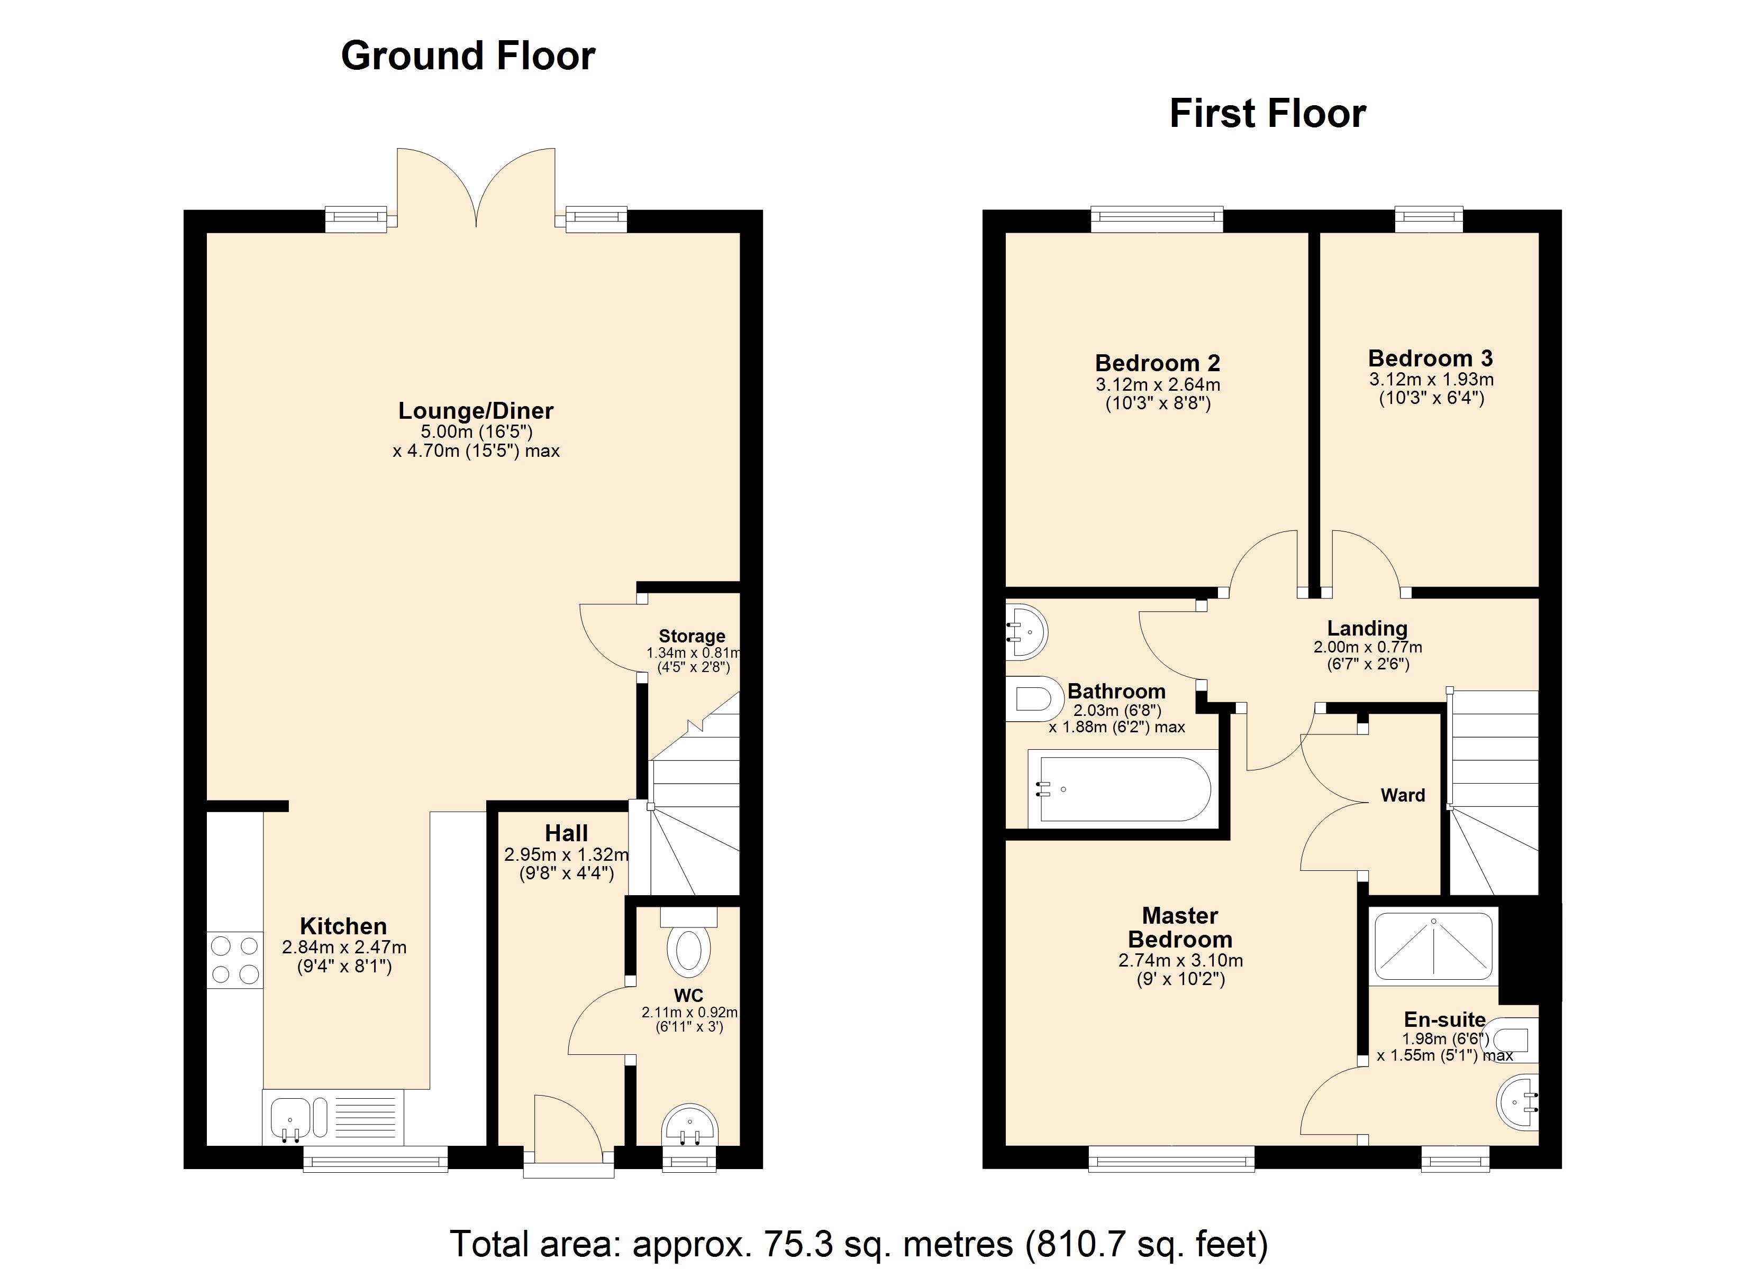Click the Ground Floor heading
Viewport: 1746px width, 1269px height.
[x=468, y=56]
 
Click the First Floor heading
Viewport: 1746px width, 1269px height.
[x=1267, y=114]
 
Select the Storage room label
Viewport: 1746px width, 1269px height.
[x=692, y=637]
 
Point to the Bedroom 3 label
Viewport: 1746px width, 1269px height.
[x=1430, y=358]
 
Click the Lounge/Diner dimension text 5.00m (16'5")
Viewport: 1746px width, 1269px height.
[x=476, y=431]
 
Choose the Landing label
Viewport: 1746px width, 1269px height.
[x=1367, y=629]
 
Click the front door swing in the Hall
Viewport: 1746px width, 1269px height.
[x=566, y=1127]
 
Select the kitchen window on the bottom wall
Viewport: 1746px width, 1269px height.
[x=375, y=1158]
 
